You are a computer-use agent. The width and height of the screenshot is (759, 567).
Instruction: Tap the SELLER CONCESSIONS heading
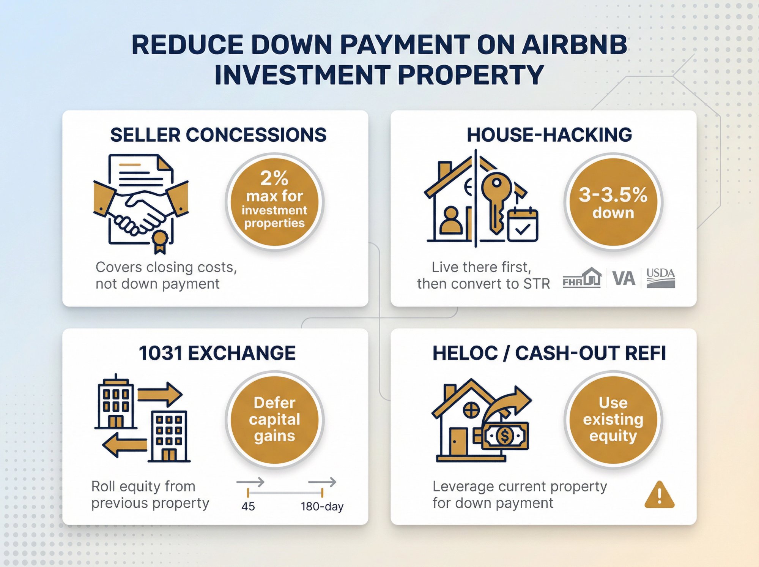(x=218, y=135)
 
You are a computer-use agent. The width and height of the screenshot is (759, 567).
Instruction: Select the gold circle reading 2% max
(x=274, y=201)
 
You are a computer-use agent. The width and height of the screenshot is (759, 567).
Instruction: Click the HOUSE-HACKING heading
(x=549, y=135)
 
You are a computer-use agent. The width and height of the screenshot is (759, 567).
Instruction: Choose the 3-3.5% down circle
(x=613, y=201)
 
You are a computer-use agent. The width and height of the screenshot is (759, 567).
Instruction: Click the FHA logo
(x=582, y=278)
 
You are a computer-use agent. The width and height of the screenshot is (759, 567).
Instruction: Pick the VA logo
(x=624, y=278)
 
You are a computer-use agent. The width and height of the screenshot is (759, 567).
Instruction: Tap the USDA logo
(x=661, y=278)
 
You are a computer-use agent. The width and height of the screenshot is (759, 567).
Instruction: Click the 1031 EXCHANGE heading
(x=217, y=353)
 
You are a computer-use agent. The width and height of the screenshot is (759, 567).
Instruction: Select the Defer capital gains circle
(x=274, y=419)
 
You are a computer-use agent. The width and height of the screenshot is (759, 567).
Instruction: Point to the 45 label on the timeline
(x=248, y=506)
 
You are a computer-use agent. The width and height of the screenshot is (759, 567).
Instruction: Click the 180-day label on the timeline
(x=322, y=506)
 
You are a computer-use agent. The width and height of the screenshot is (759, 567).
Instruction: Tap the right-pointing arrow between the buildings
(x=160, y=394)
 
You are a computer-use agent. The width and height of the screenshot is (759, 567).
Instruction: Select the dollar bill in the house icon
(x=505, y=436)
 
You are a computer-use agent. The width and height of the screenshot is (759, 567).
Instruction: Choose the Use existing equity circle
(x=613, y=419)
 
